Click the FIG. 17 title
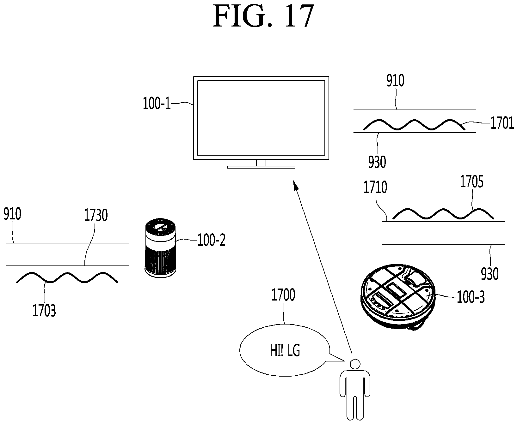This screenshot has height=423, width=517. click(x=263, y=17)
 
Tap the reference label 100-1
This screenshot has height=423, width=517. click(x=157, y=104)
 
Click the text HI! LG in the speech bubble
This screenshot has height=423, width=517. click(x=285, y=351)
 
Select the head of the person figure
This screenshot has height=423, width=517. click(x=355, y=364)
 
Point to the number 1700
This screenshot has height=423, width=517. click(x=284, y=295)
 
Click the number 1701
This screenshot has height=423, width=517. click(x=502, y=123)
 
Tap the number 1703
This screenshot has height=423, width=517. click(x=44, y=311)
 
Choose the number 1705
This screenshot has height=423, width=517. click(x=472, y=182)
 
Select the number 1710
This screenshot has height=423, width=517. click(x=375, y=188)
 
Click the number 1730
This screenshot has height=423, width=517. click(x=96, y=215)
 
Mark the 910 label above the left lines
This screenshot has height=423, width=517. click(x=12, y=214)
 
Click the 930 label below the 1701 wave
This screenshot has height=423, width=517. click(x=377, y=162)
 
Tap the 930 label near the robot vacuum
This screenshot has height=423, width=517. click(x=489, y=274)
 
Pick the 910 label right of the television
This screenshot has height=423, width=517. click(x=396, y=81)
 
